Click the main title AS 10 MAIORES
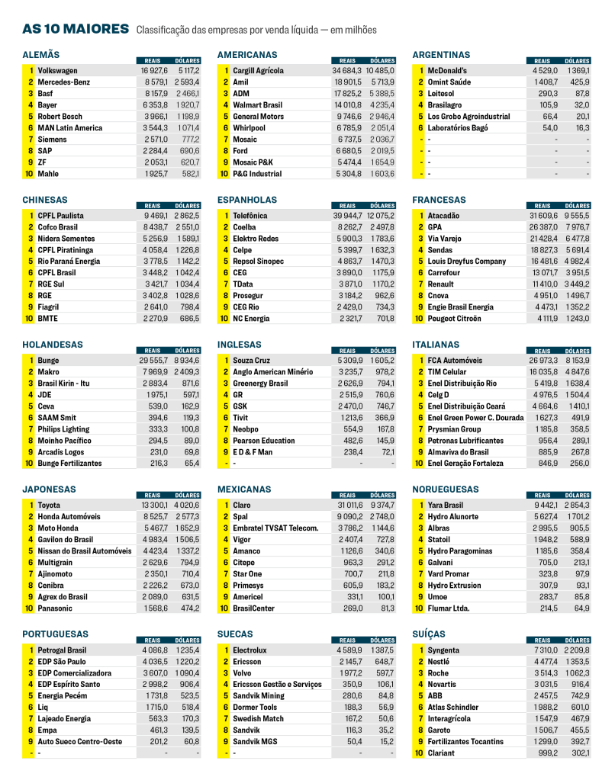pyautogui.click(x=76, y=29)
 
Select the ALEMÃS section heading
pyautogui.click(x=41, y=55)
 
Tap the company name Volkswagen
pyautogui.click(x=57, y=71)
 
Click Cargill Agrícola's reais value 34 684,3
pyautogui.click(x=347, y=71)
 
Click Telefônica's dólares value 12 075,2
pyautogui.click(x=379, y=216)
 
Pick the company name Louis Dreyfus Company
pyautogui.click(x=466, y=262)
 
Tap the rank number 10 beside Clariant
pyautogui.click(x=417, y=753)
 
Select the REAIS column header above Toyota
pyautogui.click(x=152, y=495)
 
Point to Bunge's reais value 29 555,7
pyautogui.click(x=153, y=360)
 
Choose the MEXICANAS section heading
pyautogui.click(x=245, y=489)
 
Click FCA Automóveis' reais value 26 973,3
pyautogui.click(x=543, y=360)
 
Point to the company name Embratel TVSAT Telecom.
pyautogui.click(x=275, y=528)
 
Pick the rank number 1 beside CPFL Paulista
pyautogui.click(x=31, y=216)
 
